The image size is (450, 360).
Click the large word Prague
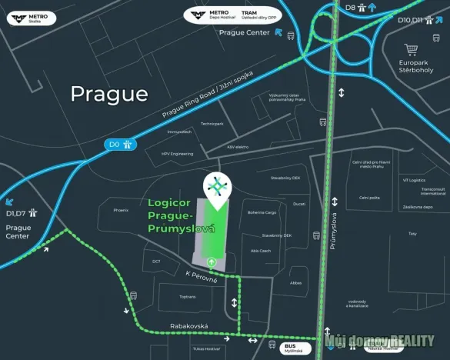tap(108, 94)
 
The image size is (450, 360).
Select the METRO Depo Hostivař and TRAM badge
tap(233, 15)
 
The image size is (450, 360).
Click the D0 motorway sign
tap(120, 143)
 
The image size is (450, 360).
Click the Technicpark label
tap(212, 124)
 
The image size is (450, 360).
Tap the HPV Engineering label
tap(177, 154)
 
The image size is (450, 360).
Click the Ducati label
tap(299, 204)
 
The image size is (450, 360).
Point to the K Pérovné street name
tap(202, 277)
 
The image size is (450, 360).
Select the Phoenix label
tap(120, 210)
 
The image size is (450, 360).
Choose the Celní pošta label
tap(369, 198)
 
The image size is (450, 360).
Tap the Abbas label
tap(296, 282)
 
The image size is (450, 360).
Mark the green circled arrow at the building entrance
tap(212, 262)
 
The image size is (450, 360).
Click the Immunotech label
tap(178, 132)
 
